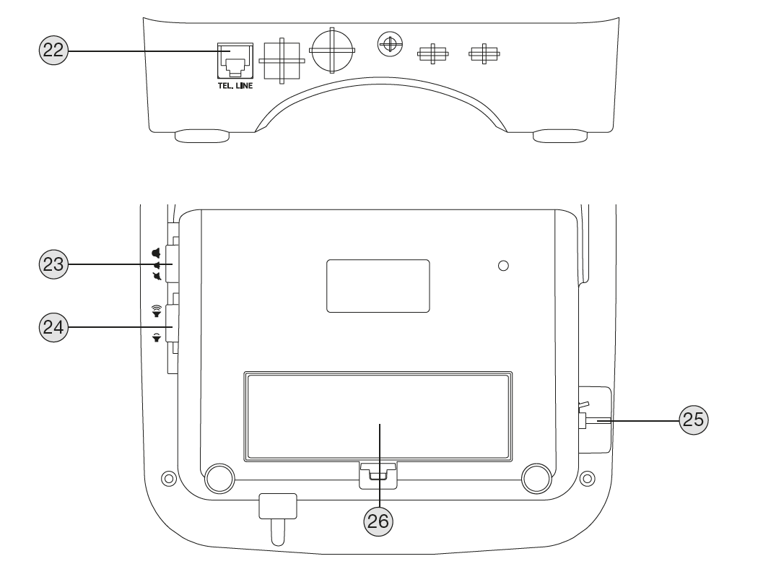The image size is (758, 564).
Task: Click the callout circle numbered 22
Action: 53,50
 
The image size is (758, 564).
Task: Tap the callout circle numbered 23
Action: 53,264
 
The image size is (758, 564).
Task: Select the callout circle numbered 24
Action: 53,327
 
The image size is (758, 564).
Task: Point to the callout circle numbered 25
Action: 694,420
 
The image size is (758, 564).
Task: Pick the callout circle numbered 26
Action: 378,521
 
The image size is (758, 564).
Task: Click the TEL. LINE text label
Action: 235,86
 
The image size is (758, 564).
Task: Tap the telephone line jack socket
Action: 235,61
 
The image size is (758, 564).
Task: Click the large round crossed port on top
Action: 332,51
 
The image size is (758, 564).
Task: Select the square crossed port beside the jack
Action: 282,61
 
